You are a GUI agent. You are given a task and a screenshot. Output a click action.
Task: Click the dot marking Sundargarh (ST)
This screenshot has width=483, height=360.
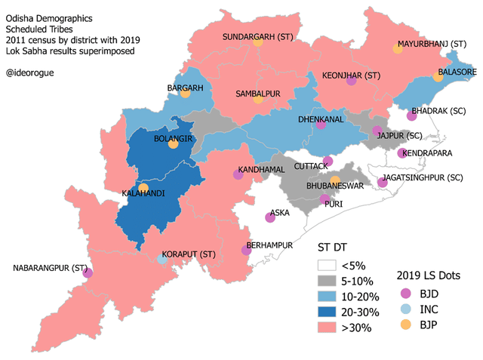pos(258,43)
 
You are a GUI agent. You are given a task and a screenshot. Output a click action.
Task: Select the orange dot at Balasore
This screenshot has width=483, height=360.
pos(438,77)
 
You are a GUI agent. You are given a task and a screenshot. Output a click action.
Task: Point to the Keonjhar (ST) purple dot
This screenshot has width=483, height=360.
pos(351,82)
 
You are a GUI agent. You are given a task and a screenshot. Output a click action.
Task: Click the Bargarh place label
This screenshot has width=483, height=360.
pos(186,88)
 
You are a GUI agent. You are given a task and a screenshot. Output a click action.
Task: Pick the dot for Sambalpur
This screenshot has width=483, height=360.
pos(258,99)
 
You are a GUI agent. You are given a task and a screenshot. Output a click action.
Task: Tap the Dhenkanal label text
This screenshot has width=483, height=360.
pos(321,119)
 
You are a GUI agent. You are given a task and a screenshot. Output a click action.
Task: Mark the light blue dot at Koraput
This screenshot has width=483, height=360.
pos(162,259)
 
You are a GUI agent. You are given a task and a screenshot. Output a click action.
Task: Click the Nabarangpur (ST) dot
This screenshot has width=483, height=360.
pos(88,272)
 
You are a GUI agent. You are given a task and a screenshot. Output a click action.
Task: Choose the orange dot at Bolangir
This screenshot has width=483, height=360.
pos(173,145)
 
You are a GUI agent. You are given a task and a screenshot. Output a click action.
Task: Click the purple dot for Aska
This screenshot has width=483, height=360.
pos(270,218)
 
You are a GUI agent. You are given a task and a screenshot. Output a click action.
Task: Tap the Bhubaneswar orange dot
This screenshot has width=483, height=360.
pos(335,180)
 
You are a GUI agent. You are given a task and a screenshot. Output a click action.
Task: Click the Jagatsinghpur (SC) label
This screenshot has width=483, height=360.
pos(422,177)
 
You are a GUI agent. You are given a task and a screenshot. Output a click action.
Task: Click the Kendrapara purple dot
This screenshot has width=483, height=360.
pos(401,153)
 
